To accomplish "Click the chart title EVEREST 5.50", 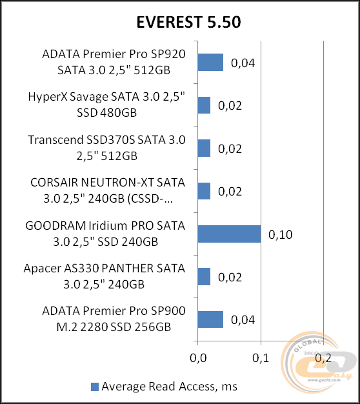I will [x=180, y=23].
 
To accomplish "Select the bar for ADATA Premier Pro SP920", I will [x=210, y=62].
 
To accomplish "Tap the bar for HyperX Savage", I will [x=204, y=105].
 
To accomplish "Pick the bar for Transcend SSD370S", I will [x=204, y=148].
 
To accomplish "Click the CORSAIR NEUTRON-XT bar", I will [x=204, y=191].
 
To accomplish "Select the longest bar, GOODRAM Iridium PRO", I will [x=229, y=234].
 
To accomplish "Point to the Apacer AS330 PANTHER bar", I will [x=204, y=277].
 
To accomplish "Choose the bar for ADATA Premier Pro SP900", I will [x=210, y=319].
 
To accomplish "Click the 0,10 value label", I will [x=281, y=234].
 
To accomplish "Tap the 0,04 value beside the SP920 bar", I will [x=243, y=63].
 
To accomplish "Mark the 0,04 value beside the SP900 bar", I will [x=243, y=320].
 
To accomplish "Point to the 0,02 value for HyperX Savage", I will [x=230, y=106].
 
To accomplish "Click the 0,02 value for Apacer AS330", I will [x=230, y=278].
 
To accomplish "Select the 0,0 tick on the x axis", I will [x=197, y=357].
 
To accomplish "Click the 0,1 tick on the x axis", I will [x=261, y=357].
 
